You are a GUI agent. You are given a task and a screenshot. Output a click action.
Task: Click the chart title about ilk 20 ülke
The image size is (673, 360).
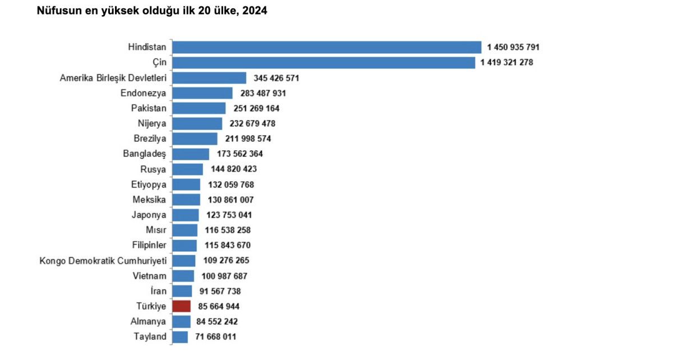point(151,11)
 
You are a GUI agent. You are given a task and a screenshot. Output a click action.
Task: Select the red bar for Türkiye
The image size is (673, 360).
point(182,306)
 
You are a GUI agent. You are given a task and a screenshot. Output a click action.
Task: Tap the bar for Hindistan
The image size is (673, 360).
point(326,47)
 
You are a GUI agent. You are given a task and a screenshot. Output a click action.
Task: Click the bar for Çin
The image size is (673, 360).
point(324,62)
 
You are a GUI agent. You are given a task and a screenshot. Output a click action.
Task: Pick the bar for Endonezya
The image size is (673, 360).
point(202,93)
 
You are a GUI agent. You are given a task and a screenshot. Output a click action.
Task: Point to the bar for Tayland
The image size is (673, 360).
point(180,336)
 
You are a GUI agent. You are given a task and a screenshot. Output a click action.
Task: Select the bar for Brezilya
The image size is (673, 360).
point(195,139)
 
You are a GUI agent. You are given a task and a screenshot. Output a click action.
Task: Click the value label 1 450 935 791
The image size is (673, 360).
point(513,48)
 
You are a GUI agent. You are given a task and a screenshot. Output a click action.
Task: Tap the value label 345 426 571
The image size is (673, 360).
point(280,78)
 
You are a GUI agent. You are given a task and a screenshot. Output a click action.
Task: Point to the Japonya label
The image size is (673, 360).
point(149,215)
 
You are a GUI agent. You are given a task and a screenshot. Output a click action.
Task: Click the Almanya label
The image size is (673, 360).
point(149,321)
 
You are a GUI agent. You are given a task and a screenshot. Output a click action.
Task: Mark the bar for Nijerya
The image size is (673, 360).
point(197,123)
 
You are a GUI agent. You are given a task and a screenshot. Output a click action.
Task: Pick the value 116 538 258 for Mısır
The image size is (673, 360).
point(225,230)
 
